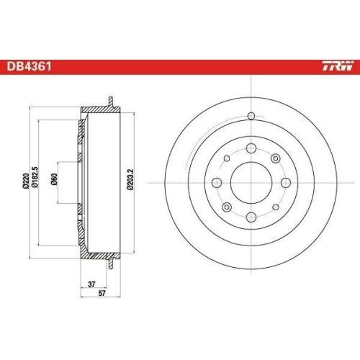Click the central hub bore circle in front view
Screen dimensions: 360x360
pos(251,182)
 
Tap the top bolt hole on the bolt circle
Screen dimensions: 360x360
pos(251,149)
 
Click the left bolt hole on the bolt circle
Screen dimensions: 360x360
pos(218,182)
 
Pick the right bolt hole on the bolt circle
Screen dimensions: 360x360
pos(284,182)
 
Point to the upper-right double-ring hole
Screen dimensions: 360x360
pos(276,158)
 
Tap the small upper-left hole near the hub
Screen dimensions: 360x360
pos(227,158)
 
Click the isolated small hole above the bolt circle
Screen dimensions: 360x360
pos(251,117)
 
